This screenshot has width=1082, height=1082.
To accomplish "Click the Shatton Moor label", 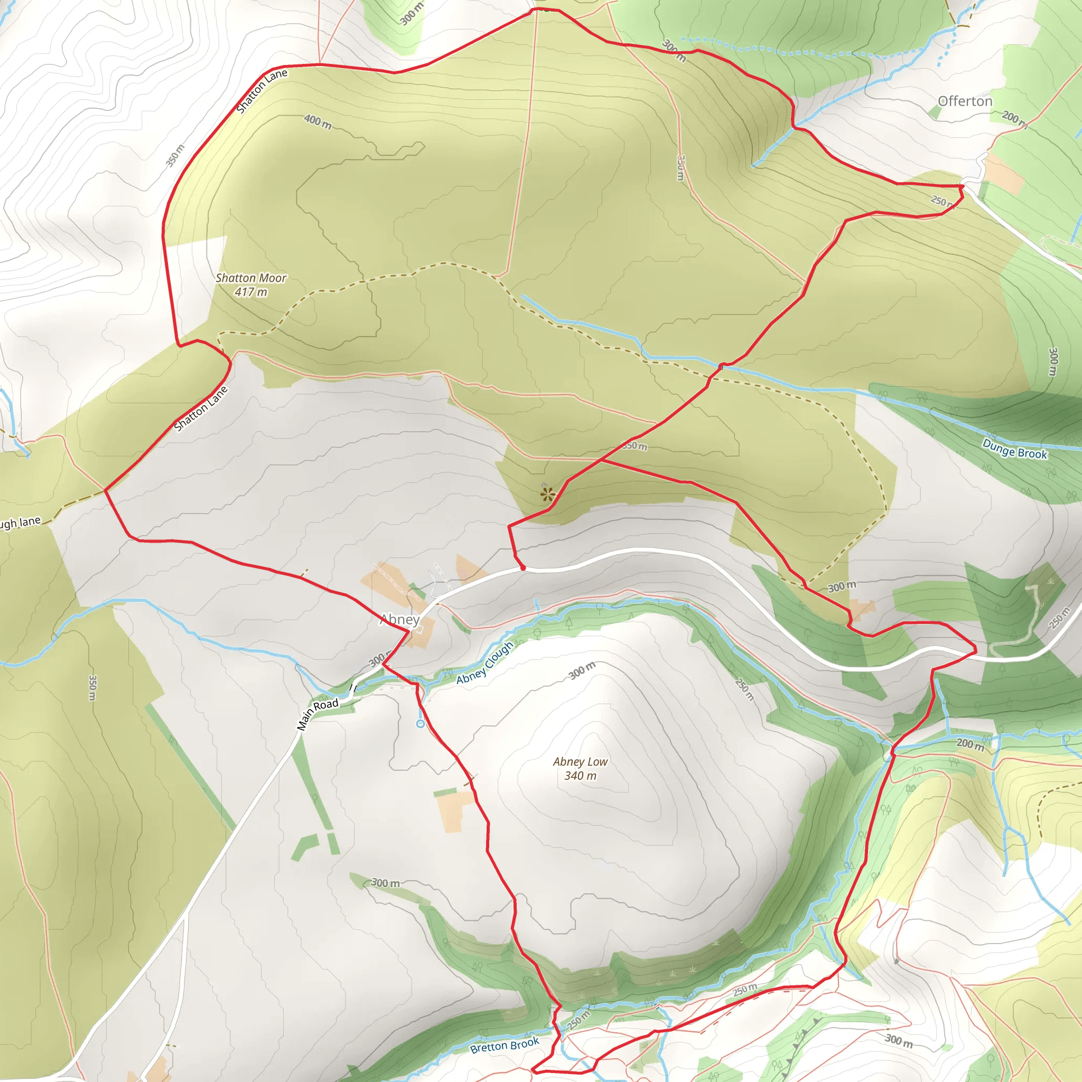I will coord(251,278).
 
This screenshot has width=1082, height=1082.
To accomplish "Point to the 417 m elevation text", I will coord(251,292).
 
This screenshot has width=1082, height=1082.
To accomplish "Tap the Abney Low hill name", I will coord(580,762).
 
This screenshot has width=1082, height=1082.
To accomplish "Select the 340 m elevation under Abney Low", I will coord(580,776).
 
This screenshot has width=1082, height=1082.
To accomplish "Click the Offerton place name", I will coord(965,101).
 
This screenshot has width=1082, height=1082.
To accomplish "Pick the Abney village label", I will coord(400,619).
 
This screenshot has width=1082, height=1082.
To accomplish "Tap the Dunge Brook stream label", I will coord(1014,449).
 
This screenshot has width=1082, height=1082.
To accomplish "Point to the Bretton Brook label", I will coord(505,1045).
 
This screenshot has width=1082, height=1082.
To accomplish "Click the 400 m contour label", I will coord(318,122).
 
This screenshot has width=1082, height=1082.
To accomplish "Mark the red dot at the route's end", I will coord(523,568).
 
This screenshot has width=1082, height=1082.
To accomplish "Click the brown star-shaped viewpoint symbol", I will coord(548,494).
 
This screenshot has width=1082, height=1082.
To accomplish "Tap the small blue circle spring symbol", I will coord(421,724).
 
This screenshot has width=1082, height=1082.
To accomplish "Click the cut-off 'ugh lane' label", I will coord(20,523).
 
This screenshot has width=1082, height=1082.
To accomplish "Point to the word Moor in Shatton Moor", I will coord(272,278).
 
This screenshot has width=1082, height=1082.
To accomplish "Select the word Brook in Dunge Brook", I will coord(1032,453).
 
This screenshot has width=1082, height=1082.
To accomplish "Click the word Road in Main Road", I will coord(327,705).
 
